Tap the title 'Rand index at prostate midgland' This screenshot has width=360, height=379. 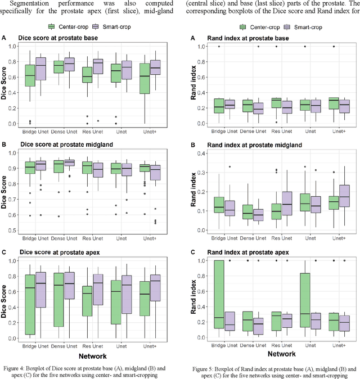(x=248, y=145)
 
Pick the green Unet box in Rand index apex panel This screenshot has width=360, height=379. (x=304, y=300)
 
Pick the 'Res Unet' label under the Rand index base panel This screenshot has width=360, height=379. (x=277, y=130)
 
